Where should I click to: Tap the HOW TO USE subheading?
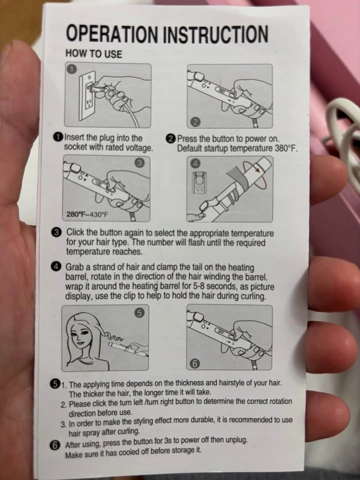click(x=93, y=54)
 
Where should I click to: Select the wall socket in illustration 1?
click(x=87, y=96)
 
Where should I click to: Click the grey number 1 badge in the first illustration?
click(x=71, y=69)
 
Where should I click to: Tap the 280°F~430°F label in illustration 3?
click(x=87, y=214)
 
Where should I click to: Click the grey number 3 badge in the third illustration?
click(x=139, y=163)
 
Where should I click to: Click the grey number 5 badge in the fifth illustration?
click(x=138, y=313)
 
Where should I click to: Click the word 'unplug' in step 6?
click(x=236, y=440)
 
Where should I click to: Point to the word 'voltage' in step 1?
click(x=139, y=148)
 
